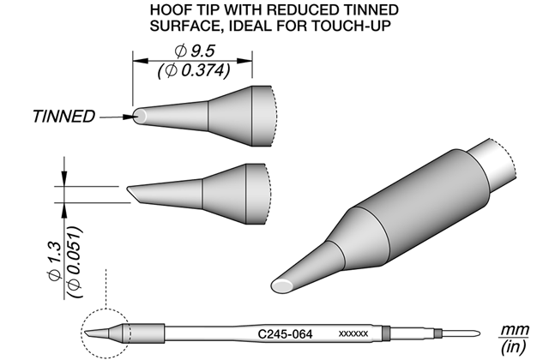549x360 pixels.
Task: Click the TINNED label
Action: point(63,117)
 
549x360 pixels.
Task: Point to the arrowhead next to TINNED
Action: point(128,117)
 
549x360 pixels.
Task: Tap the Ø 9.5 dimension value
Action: point(195,51)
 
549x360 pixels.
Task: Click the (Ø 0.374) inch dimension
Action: point(194,71)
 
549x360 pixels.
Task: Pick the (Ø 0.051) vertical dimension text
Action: point(75,262)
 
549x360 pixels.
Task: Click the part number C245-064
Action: point(285,334)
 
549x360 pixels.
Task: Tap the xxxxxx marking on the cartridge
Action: point(353,334)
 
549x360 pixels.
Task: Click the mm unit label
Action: point(515,329)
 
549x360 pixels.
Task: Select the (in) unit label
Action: point(514,346)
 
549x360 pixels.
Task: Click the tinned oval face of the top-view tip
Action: point(140,116)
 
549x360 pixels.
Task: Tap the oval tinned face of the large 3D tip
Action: point(283,285)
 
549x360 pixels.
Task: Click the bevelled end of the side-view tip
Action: point(134,195)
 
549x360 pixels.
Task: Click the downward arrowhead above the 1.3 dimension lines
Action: point(64,178)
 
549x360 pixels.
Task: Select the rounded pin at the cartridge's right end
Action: point(461,333)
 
